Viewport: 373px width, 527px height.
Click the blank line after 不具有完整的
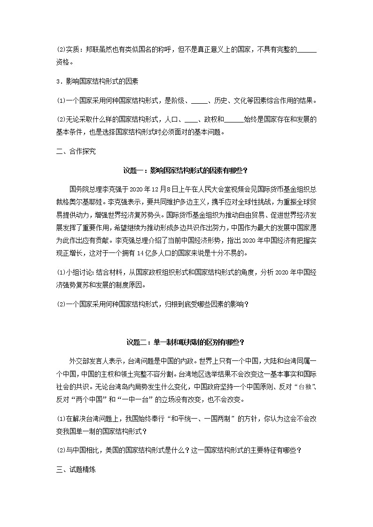(307, 51)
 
